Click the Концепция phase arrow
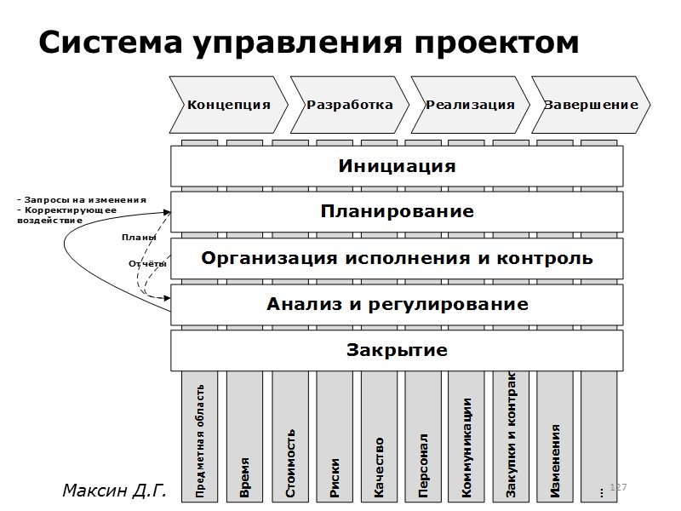click(x=228, y=105)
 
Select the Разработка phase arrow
click(x=349, y=105)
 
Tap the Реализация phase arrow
click(x=470, y=105)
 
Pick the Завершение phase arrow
click(x=591, y=105)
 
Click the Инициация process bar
click(x=397, y=166)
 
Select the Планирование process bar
click(x=397, y=211)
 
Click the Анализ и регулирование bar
click(x=397, y=304)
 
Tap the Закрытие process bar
click(x=397, y=350)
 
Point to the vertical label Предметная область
click(x=200, y=441)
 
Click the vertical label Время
click(x=244, y=477)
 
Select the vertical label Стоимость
click(x=290, y=463)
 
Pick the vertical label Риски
click(x=335, y=476)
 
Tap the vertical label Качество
click(x=379, y=468)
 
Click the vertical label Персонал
click(x=423, y=466)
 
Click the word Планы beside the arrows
click(x=139, y=238)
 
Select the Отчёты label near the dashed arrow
click(x=146, y=264)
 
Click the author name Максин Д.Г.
click(x=113, y=491)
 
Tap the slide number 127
click(x=619, y=486)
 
